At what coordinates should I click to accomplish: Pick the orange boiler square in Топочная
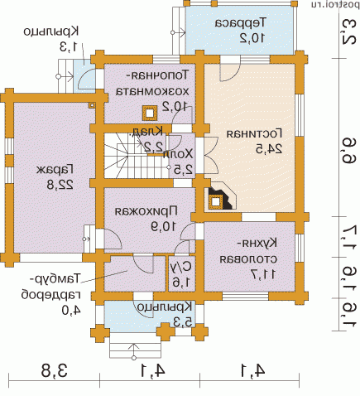pos(150,113)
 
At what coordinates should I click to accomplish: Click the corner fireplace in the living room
pos(219,198)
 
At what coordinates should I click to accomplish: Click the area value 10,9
pos(150,225)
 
